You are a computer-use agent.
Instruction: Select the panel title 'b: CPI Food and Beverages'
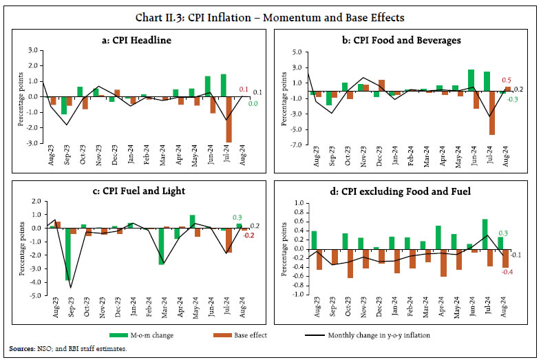(406, 41)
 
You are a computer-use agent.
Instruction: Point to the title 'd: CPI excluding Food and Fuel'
(406, 191)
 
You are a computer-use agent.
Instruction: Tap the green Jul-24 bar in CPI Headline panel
(223, 85)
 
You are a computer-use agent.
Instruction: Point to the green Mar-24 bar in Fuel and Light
(161, 246)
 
